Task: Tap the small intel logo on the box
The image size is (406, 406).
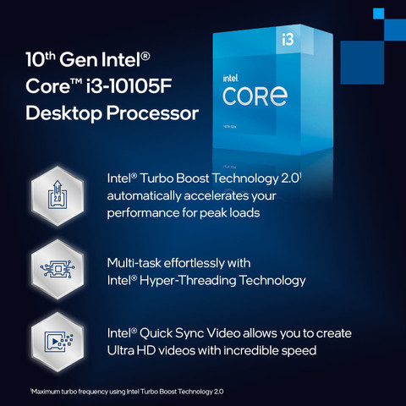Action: tap(233, 74)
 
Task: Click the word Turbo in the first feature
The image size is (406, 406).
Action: tap(159, 179)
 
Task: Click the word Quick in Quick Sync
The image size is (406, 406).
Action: tap(159, 333)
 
